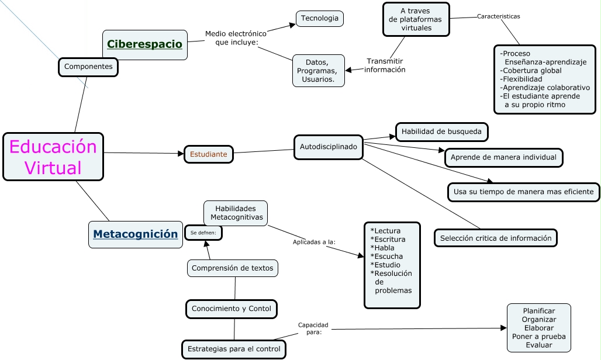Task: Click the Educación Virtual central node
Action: click(x=53, y=157)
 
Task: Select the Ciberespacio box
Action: click(x=145, y=44)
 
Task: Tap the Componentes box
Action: click(x=88, y=67)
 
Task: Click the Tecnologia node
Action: click(x=320, y=18)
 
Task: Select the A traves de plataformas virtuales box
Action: click(x=416, y=19)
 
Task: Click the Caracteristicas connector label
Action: click(x=498, y=16)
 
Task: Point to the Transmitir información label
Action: click(x=385, y=65)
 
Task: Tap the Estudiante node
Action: click(x=209, y=154)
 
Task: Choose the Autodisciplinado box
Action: click(x=328, y=147)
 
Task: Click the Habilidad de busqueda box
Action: click(x=441, y=131)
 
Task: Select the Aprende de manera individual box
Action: click(x=504, y=157)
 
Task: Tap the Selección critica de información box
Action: click(x=496, y=238)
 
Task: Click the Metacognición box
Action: click(x=136, y=234)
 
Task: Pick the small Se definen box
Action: click(x=203, y=233)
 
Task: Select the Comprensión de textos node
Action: click(x=233, y=268)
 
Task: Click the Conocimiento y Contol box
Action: click(x=232, y=309)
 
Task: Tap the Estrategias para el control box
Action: click(x=234, y=349)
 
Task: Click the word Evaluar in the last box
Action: click(x=538, y=345)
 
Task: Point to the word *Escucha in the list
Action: click(x=386, y=256)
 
